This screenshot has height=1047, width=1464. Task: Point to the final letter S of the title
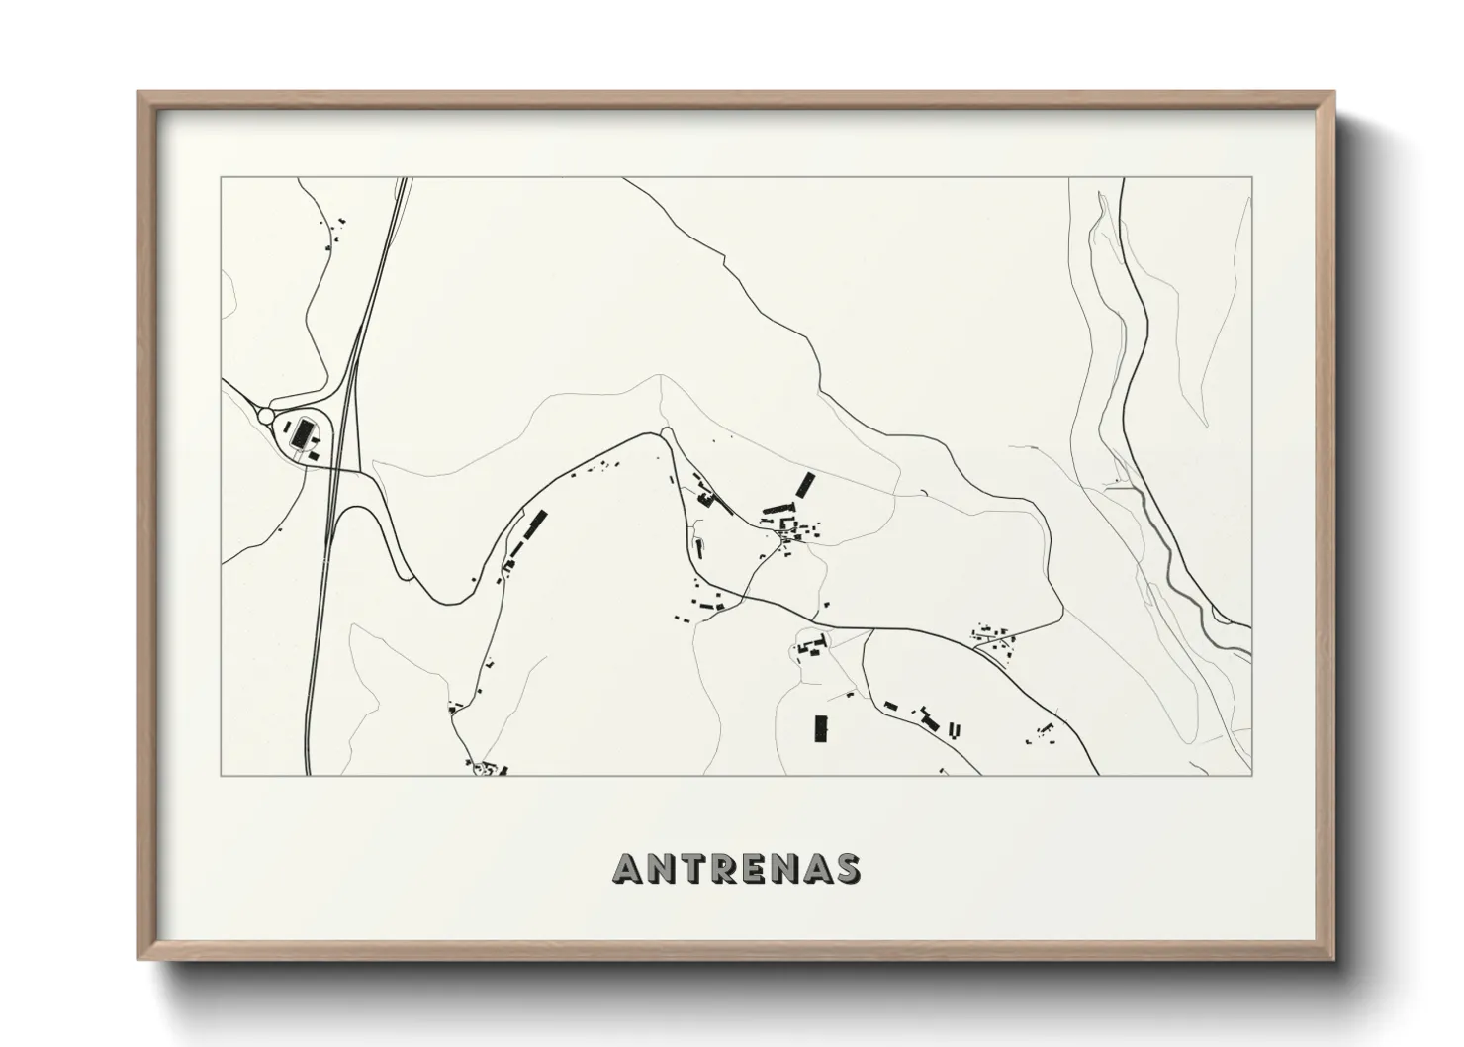[847, 869]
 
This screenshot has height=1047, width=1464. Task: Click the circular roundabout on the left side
[266, 417]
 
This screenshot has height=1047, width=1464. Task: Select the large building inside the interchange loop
[301, 432]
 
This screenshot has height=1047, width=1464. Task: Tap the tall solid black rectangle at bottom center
[819, 728]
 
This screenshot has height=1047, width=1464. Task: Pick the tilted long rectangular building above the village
[806, 485]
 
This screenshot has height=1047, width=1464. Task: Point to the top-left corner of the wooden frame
[140, 94]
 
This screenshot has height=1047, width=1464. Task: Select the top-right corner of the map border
[1251, 178]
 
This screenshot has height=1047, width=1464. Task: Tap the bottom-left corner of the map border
[222, 775]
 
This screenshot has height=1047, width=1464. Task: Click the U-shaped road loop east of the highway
[391, 534]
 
